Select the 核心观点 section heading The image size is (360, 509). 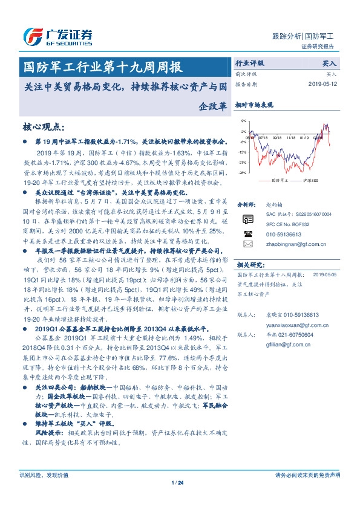(x=43, y=126)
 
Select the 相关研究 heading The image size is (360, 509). (x=249, y=265)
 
